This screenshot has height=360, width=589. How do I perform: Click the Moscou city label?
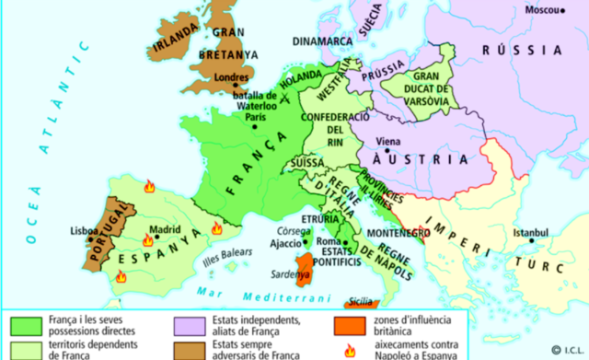pos(541,10)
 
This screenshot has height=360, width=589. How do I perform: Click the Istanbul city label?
pos(530,229)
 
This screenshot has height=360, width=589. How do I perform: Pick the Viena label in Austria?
pos(390,141)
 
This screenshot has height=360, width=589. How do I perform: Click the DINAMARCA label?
pos(323,41)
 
